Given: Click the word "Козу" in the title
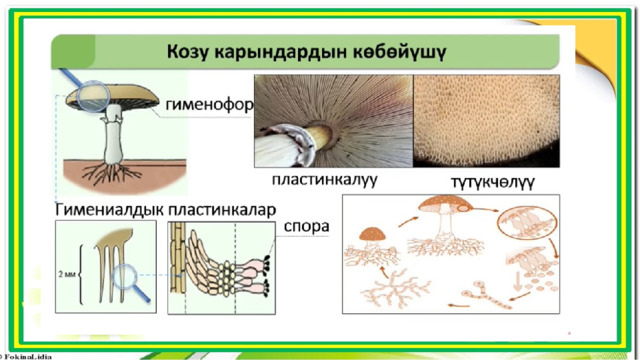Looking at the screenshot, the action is [x=187, y=52].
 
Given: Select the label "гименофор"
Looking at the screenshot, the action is [x=209, y=104].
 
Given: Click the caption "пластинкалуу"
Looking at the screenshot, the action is [x=324, y=180].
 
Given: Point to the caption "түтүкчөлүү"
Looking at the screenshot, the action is [x=493, y=182].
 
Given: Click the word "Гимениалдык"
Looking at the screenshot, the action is [x=110, y=209].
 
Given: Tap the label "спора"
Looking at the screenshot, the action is [x=307, y=226].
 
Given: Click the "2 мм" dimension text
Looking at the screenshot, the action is [x=67, y=274].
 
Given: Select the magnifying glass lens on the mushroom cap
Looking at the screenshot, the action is [x=93, y=96].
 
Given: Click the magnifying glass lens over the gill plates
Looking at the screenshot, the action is [x=124, y=277].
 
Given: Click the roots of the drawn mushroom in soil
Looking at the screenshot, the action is [x=111, y=173].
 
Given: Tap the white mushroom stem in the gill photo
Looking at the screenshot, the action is [x=289, y=146].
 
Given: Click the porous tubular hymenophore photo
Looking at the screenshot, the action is [x=487, y=121].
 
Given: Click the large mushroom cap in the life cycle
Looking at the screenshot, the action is [x=445, y=203].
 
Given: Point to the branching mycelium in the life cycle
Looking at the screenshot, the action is [x=395, y=289].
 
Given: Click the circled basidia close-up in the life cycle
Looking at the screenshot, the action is [x=527, y=222].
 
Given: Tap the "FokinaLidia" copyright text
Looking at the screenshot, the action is [x=26, y=357].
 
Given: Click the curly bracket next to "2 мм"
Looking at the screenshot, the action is [x=81, y=274].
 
